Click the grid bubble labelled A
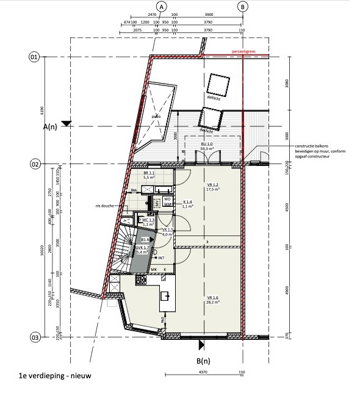(162, 6)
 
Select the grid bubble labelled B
(243, 6)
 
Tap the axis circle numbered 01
(34, 57)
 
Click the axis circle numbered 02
(34, 164)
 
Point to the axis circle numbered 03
(34, 337)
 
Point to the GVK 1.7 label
(142, 249)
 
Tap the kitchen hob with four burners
(142, 280)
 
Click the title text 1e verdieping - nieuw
(55, 376)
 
